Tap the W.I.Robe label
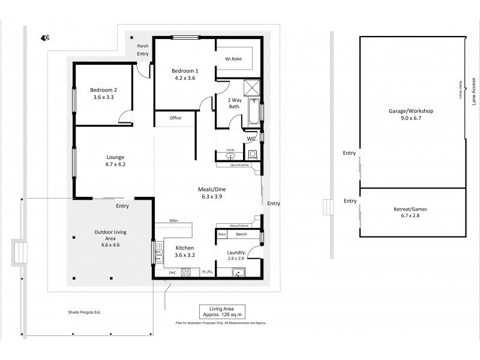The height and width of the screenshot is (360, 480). [233, 59]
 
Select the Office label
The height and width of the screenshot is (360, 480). [175, 118]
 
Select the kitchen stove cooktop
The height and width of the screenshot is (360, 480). [186, 272]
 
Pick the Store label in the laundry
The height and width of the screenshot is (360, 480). [221, 234]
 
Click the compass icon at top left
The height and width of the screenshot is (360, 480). [45, 38]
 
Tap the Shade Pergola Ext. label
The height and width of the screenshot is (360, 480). [88, 313]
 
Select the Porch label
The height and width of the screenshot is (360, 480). [142, 46]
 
